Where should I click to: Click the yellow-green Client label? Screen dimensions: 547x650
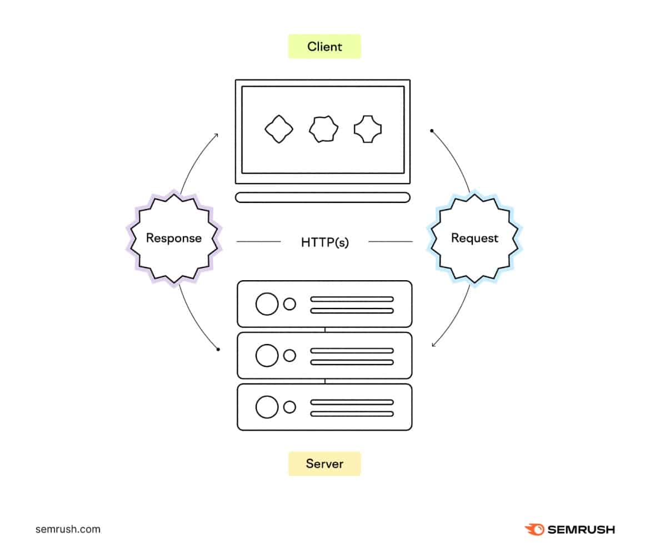(x=324, y=47)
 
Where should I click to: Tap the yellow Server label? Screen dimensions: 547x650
(x=324, y=464)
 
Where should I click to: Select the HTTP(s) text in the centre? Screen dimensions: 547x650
(x=325, y=242)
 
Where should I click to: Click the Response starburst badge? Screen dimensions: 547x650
(x=173, y=238)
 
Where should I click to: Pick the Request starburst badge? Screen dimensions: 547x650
(x=474, y=238)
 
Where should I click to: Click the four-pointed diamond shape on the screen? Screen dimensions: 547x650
(x=278, y=130)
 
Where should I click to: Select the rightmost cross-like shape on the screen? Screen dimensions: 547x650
(x=368, y=130)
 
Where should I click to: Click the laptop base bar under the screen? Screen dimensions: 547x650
(x=323, y=197)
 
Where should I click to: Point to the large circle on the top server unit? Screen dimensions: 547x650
(x=267, y=304)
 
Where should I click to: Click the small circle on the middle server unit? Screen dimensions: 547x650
(x=289, y=356)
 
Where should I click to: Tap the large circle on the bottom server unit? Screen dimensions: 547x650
(x=267, y=407)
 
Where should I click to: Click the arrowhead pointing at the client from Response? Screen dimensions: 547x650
(x=216, y=135)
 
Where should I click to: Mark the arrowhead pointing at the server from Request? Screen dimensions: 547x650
(x=433, y=345)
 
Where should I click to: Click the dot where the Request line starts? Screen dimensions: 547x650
(x=432, y=131)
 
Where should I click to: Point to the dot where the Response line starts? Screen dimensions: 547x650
(x=218, y=350)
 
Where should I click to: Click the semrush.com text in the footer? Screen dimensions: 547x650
(x=68, y=529)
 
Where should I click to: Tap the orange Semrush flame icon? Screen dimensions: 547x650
(x=534, y=529)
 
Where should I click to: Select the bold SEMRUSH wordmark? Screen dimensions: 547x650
(x=581, y=530)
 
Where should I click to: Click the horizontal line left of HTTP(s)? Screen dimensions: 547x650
(x=259, y=242)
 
